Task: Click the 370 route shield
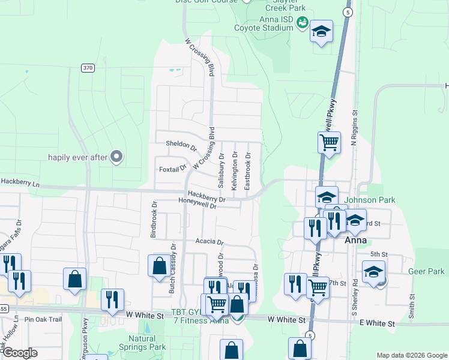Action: pos(88,68)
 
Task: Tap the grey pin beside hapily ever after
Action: pos(116,157)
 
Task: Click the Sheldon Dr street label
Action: pos(181,146)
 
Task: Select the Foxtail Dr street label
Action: pos(173,169)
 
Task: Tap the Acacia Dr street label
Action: pos(209,242)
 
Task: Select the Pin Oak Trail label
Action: pos(43,320)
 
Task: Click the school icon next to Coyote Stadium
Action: pos(321,32)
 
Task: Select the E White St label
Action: pos(378,323)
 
